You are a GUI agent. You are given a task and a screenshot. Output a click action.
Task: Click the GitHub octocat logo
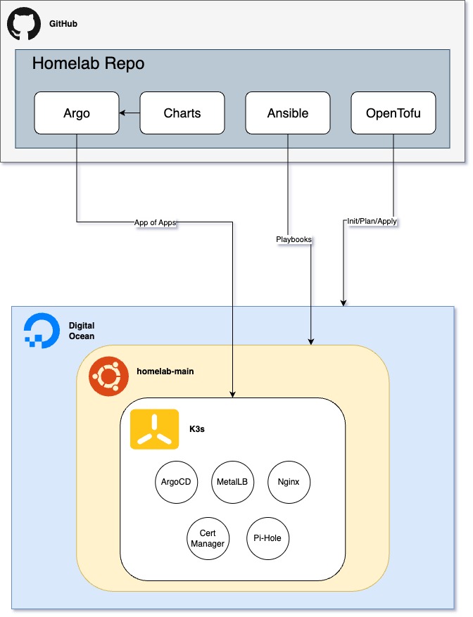(24, 24)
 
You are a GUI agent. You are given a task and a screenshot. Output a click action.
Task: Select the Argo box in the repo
(77, 113)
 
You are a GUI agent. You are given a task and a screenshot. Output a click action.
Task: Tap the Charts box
(182, 113)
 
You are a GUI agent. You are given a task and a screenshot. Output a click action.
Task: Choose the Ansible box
(287, 113)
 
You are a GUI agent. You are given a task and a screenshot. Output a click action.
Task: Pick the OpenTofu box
(393, 113)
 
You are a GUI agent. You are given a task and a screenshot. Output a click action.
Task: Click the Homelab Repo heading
(88, 64)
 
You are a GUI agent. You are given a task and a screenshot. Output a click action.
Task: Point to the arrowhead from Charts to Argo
(122, 113)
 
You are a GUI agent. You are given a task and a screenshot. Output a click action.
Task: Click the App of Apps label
(155, 222)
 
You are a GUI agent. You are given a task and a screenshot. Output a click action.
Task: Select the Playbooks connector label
(294, 239)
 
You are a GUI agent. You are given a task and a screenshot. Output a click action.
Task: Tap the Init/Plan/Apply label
(372, 221)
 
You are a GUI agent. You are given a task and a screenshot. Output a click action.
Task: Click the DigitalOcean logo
(42, 331)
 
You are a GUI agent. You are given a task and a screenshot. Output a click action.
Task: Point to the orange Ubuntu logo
(108, 376)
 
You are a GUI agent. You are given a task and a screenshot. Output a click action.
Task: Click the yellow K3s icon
(154, 429)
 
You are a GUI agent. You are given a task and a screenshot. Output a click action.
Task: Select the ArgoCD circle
(176, 482)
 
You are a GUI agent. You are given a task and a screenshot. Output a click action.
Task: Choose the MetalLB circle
(232, 482)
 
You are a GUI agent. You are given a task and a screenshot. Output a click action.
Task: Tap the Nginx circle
(289, 482)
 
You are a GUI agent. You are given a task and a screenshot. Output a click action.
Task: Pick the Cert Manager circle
(208, 538)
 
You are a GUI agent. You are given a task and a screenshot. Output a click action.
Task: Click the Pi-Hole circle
(267, 538)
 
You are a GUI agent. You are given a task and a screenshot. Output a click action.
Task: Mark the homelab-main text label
(165, 371)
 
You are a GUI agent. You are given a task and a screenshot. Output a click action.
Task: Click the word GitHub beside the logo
(63, 24)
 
